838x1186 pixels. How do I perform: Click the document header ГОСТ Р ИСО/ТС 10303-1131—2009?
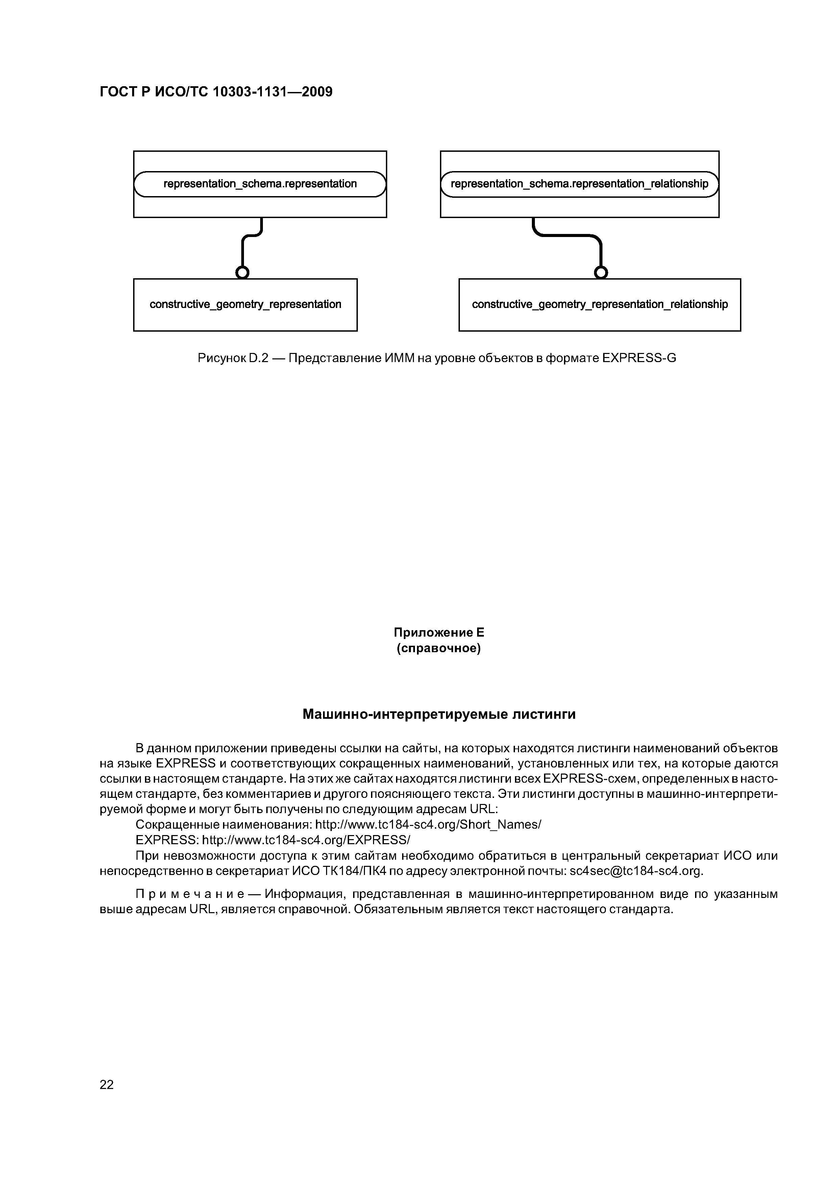tap(216, 92)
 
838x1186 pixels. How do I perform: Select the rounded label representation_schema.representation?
tap(260, 184)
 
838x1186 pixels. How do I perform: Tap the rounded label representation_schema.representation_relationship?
tap(579, 184)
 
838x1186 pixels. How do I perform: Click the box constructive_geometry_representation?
tap(245, 305)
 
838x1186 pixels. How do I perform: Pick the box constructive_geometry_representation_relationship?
tap(599, 305)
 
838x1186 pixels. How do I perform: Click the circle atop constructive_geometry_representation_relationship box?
tap(600, 272)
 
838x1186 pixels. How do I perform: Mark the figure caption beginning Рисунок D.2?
tap(436, 358)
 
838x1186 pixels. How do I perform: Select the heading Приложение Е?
tap(439, 633)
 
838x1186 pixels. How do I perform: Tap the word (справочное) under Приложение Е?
tap(439, 648)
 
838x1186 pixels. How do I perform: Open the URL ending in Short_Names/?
tap(428, 824)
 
